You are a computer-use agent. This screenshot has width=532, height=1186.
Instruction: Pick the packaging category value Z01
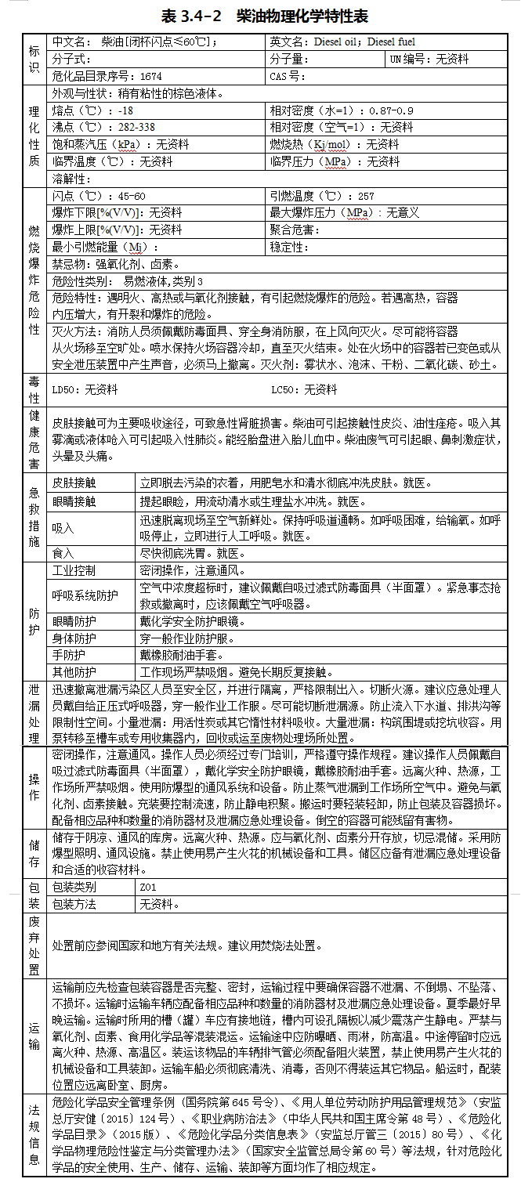[x=149, y=887]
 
